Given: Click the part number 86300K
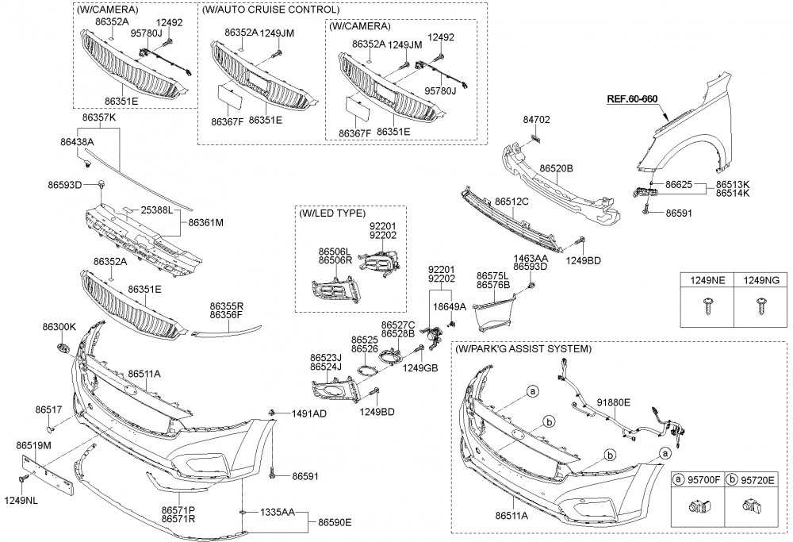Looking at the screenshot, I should click(59, 327).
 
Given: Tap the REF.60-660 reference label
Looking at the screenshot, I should click(632, 99).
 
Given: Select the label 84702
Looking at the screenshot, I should click(536, 120).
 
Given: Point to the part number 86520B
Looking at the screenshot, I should click(556, 168).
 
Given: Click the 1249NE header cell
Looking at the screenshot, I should click(706, 280).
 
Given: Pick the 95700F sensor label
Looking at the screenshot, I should click(702, 479).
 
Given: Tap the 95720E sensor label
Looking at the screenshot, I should click(757, 479).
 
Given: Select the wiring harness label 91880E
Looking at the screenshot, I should click(614, 402).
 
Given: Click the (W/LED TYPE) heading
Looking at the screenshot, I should click(332, 214).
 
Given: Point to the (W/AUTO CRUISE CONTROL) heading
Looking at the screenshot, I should click(271, 10).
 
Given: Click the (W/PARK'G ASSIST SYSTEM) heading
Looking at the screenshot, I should click(523, 348).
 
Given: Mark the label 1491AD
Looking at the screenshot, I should click(308, 413).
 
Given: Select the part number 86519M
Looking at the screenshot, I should click(33, 446).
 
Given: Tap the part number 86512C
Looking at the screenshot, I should click(511, 202).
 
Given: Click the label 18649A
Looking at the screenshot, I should click(448, 306).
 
